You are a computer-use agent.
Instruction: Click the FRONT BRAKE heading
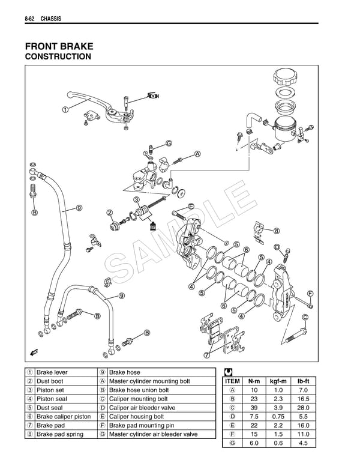pos(59,46)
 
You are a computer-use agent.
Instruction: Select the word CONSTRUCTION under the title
pos(58,57)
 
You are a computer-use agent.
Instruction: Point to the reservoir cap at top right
pos(285,77)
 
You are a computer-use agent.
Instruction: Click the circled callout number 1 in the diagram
pos(65,109)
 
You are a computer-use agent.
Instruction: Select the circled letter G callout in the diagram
pos(169,143)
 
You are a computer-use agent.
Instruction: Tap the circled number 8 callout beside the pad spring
pos(277,231)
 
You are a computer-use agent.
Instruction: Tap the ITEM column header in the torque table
pos(232,381)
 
